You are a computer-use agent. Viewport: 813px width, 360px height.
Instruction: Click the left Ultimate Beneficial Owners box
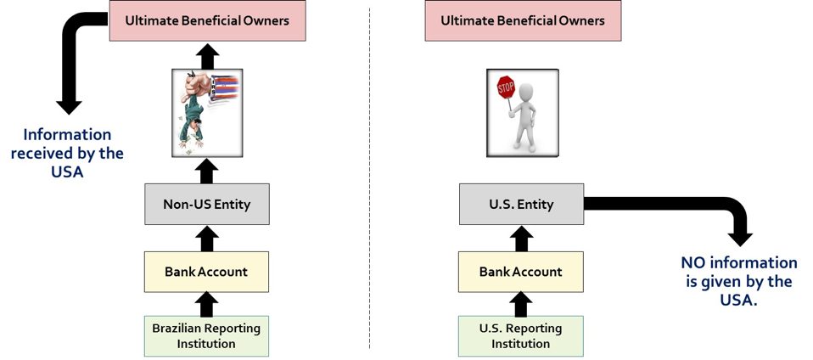pyautogui.click(x=207, y=20)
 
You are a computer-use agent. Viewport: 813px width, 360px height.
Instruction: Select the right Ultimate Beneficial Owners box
pyautogui.click(x=523, y=20)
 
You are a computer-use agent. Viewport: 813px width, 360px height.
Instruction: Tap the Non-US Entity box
pyautogui.click(x=207, y=204)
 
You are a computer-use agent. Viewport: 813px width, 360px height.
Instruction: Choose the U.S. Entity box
pyautogui.click(x=522, y=204)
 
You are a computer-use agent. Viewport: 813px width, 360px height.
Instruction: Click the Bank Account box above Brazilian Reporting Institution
pyautogui.click(x=206, y=272)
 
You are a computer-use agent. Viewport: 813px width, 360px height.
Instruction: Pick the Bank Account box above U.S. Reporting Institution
pyautogui.click(x=521, y=272)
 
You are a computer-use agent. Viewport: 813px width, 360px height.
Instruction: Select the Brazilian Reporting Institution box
pyautogui.click(x=206, y=336)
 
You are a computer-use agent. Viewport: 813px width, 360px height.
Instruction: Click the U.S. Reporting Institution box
pyautogui.click(x=521, y=336)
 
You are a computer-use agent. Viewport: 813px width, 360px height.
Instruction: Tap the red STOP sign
pyautogui.click(x=506, y=87)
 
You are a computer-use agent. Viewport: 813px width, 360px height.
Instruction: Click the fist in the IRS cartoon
pyautogui.click(x=198, y=82)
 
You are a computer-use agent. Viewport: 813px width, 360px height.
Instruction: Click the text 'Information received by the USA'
pyautogui.click(x=67, y=153)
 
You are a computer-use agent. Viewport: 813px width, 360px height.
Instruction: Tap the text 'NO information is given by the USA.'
pyautogui.click(x=739, y=281)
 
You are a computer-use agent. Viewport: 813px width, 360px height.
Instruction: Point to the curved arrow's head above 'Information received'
pyautogui.click(x=69, y=106)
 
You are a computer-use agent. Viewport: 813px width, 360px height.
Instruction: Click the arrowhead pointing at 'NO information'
pyautogui.click(x=740, y=238)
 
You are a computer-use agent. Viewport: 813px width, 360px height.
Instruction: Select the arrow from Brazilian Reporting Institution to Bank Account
pyautogui.click(x=206, y=304)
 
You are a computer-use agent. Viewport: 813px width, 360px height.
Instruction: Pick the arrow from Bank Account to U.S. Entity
pyautogui.click(x=521, y=238)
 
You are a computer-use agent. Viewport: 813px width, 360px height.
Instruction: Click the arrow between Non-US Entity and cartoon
pyautogui.click(x=206, y=170)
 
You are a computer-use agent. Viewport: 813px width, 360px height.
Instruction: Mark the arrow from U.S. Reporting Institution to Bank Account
pyautogui.click(x=521, y=304)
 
